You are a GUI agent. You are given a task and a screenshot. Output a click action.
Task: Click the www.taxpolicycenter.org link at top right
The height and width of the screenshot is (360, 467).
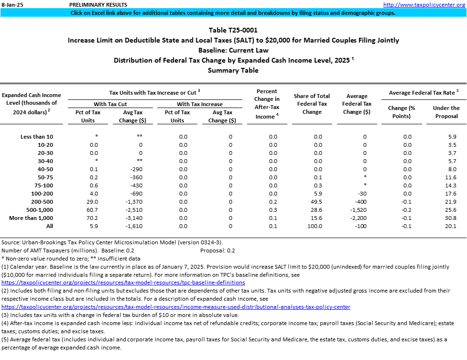pos(424,4)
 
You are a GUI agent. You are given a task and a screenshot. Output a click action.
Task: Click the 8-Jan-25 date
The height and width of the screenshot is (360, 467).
pos(11,4)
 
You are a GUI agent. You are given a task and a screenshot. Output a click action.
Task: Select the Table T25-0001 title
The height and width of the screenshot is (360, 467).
pos(233,30)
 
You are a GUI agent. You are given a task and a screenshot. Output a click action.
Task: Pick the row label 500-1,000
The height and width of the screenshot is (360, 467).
pos(36,210)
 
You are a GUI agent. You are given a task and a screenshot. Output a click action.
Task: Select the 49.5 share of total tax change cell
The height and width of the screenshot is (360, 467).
pos(315,202)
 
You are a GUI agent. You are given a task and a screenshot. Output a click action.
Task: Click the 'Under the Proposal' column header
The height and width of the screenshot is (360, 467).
pos(446,112)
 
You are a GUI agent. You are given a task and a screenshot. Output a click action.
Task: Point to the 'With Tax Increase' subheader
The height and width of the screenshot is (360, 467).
pos(199,104)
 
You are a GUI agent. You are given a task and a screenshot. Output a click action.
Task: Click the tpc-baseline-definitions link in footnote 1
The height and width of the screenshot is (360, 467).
pos(124,283)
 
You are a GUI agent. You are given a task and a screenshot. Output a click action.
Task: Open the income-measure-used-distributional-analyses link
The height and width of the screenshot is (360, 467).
pos(176,307)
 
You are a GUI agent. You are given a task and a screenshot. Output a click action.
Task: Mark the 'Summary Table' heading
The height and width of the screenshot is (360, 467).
pos(233,70)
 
